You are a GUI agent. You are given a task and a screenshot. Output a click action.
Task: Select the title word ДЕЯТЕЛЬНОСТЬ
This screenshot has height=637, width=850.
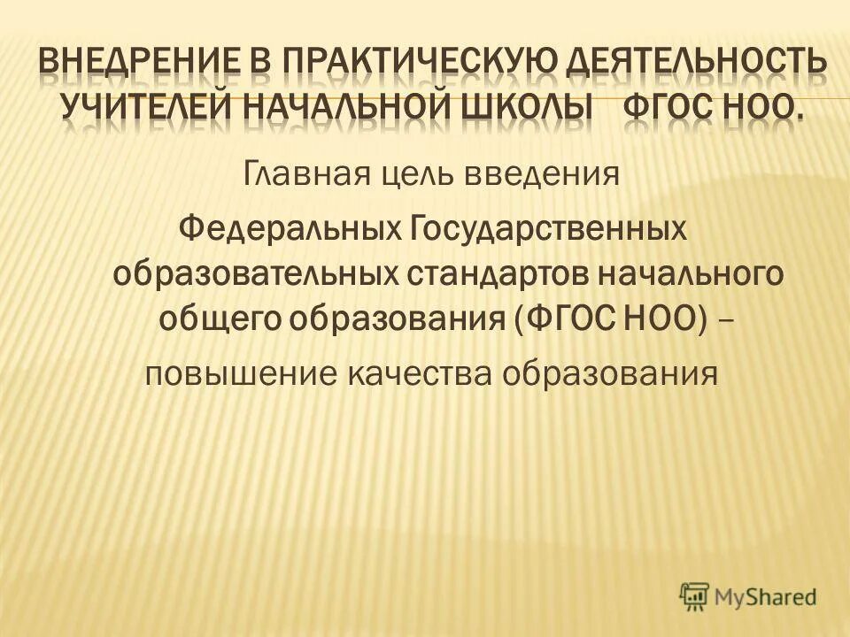703,65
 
